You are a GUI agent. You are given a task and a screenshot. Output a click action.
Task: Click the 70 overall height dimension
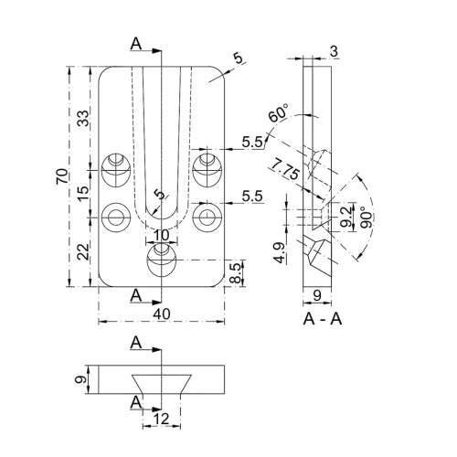click(62, 175)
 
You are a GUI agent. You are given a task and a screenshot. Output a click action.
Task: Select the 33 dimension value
click(83, 118)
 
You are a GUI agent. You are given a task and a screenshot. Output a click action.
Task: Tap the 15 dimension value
click(83, 193)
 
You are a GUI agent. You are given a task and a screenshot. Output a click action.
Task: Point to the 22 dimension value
click(83, 251)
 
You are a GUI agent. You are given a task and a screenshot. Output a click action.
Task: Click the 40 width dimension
click(162, 314)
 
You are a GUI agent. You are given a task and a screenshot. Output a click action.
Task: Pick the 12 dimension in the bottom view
click(162, 419)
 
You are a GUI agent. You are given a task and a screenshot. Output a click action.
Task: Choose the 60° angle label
click(278, 113)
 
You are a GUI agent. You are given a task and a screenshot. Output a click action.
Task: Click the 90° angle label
click(367, 218)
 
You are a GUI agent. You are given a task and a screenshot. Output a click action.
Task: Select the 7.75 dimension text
click(285, 169)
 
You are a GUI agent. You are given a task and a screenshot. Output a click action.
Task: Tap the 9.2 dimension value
click(345, 218)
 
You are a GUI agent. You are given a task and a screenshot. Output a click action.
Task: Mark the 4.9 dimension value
click(280, 253)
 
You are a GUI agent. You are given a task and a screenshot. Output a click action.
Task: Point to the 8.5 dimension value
click(236, 273)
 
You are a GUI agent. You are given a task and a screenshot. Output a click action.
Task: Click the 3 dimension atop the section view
click(335, 51)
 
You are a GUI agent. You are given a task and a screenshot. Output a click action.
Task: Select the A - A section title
click(323, 319)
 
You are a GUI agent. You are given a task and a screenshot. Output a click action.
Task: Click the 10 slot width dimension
click(162, 235)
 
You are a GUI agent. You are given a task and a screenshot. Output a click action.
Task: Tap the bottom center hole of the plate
click(162, 260)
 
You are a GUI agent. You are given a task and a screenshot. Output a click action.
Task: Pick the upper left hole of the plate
click(116, 170)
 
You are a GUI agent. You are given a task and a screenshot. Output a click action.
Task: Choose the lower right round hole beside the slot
click(207, 218)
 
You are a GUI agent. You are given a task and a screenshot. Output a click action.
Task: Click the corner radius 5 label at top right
click(239, 58)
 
